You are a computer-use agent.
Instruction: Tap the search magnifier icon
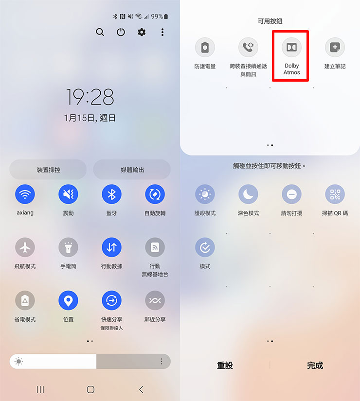pyautogui.click(x=100, y=32)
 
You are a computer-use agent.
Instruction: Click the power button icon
pyautogui.click(x=121, y=32)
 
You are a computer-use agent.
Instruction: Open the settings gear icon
pyautogui.click(x=142, y=32)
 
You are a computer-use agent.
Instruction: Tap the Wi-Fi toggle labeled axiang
pyautogui.click(x=24, y=194)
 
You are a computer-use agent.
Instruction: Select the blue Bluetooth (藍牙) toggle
pyautogui.click(x=111, y=194)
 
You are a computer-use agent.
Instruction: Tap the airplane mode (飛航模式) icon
pyautogui.click(x=24, y=247)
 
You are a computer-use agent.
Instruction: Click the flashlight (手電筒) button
pyautogui.click(x=68, y=247)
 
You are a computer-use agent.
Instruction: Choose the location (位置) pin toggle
pyautogui.click(x=68, y=300)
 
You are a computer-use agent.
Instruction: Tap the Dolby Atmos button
pyautogui.click(x=291, y=47)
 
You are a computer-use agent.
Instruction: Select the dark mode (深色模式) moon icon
pyautogui.click(x=248, y=194)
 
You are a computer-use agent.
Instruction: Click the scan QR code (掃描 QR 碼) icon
pyautogui.click(x=335, y=194)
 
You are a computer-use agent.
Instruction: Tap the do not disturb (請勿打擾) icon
pyautogui.click(x=291, y=194)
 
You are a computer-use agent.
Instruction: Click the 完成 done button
pyautogui.click(x=315, y=366)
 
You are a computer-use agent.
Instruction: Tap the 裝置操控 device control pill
pyautogui.click(x=48, y=170)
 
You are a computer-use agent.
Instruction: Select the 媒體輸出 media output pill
pyautogui.click(x=132, y=170)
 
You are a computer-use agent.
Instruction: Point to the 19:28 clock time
pyautogui.click(x=90, y=97)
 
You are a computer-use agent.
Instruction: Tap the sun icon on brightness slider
pyautogui.click(x=19, y=361)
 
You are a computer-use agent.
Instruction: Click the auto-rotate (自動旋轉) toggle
pyautogui.click(x=155, y=194)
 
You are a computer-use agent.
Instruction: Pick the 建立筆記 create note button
pyautogui.click(x=335, y=47)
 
